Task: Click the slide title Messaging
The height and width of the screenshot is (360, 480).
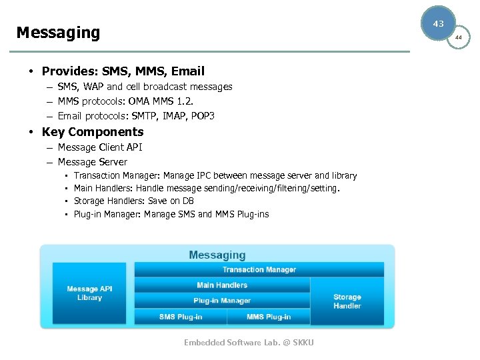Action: (x=58, y=33)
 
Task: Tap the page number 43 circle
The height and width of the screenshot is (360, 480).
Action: (x=438, y=24)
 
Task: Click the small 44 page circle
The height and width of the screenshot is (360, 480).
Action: (x=459, y=38)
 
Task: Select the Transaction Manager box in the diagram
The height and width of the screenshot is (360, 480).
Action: (x=259, y=269)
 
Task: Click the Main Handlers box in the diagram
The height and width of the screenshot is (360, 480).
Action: (x=222, y=285)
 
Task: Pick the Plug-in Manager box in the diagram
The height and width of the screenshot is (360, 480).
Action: (x=222, y=301)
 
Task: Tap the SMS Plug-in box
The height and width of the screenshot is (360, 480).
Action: (x=181, y=317)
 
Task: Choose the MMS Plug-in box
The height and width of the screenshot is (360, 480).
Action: (x=269, y=317)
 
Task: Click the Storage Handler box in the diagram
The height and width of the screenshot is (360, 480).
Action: (x=347, y=301)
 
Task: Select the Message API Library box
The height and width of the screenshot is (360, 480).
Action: (x=89, y=293)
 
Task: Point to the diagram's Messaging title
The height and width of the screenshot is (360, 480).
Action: (x=217, y=255)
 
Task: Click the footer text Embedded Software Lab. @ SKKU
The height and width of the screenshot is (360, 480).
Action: (x=249, y=342)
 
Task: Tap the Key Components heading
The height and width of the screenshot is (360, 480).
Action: (x=93, y=132)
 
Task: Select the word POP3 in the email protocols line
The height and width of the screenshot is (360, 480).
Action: (x=202, y=116)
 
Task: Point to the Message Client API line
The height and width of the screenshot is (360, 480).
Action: (x=100, y=147)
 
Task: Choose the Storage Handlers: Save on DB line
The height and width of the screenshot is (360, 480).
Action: (x=134, y=201)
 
